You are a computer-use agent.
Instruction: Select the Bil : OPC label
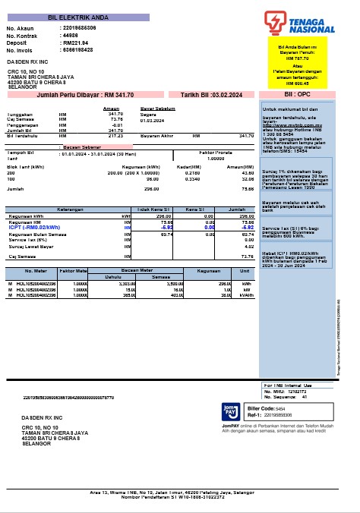pyautogui.click(x=297, y=95)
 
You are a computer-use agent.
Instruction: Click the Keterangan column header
pyautogui.click(x=69, y=209)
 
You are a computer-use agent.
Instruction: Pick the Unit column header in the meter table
pyautogui.click(x=245, y=270)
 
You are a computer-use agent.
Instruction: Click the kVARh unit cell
pyautogui.click(x=245, y=295)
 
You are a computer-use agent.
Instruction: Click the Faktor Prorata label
pyautogui.click(x=216, y=152)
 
